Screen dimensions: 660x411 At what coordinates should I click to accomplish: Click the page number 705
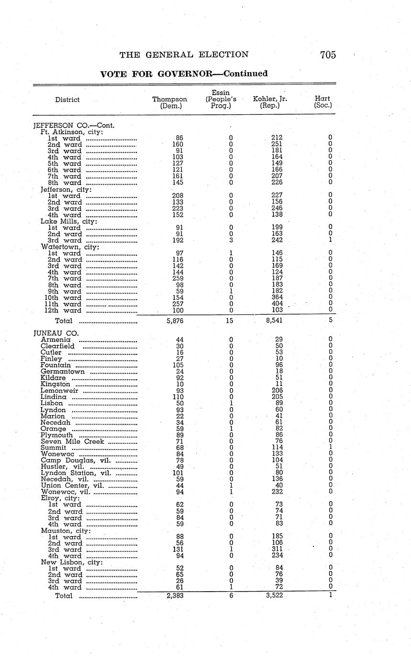tap(328, 55)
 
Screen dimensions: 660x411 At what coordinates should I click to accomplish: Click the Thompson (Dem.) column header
tap(169, 102)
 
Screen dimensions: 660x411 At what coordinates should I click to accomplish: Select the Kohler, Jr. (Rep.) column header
tap(270, 102)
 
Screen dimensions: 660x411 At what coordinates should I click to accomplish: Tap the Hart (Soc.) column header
tap(323, 102)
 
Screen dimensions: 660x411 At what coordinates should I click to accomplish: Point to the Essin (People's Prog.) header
tap(221, 99)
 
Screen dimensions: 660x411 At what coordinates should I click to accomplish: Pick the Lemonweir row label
tap(59, 390)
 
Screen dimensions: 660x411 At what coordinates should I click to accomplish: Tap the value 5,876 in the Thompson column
tap(175, 321)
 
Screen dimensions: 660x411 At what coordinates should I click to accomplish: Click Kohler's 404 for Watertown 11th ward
tap(277, 304)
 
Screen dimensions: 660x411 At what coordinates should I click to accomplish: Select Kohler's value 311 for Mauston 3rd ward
tap(277, 550)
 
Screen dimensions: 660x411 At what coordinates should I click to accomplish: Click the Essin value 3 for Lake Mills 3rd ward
tap(231, 240)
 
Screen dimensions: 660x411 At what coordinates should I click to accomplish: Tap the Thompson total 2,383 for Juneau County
tap(175, 595)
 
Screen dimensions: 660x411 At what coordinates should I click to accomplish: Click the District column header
tap(67, 99)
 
